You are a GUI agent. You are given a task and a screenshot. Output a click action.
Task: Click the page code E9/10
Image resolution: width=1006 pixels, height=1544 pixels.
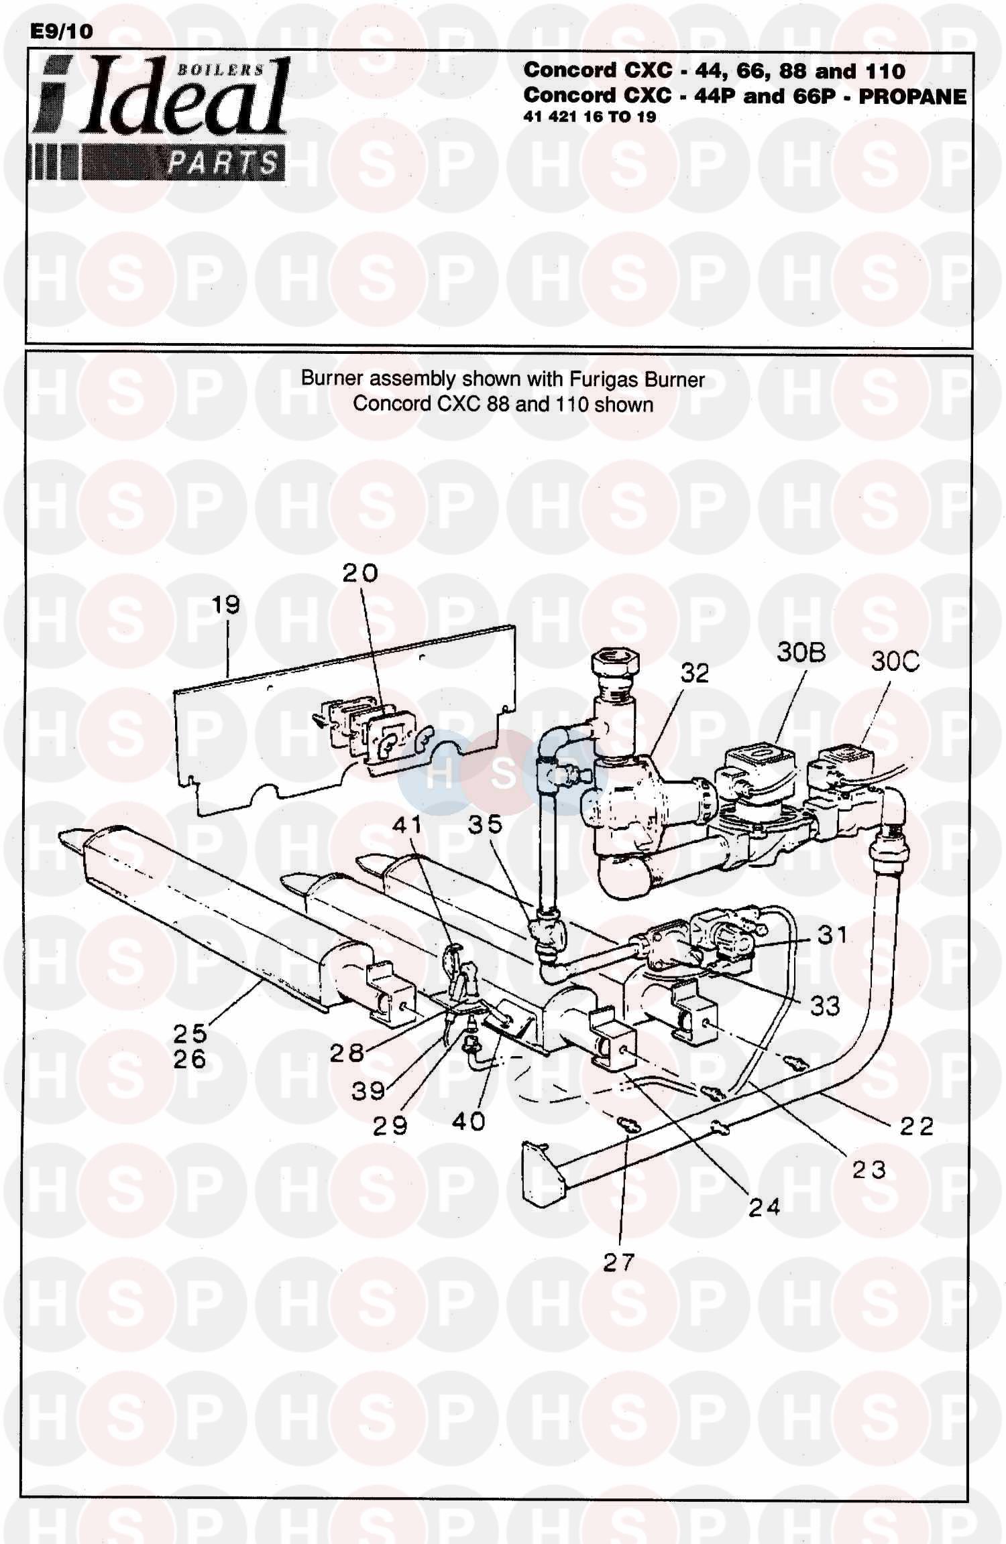(62, 31)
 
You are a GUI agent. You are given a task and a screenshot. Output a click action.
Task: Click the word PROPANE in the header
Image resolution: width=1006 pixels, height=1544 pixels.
(912, 96)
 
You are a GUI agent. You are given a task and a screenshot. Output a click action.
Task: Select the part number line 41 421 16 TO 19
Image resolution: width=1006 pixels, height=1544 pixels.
(590, 117)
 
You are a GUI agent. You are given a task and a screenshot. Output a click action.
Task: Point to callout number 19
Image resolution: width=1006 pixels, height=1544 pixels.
(225, 605)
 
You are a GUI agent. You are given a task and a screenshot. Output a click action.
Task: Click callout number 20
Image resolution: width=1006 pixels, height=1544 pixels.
(360, 573)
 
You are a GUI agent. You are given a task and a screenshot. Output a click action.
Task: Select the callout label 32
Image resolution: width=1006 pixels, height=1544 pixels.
(694, 673)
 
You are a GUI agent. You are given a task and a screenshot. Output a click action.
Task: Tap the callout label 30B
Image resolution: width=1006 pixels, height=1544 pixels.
(801, 652)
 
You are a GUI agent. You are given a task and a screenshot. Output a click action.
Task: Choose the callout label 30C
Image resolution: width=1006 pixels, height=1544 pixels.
(895, 661)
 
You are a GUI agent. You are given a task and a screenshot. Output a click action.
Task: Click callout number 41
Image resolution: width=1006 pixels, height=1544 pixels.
(407, 824)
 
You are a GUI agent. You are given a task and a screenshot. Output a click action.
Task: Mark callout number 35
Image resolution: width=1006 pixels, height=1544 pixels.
(485, 824)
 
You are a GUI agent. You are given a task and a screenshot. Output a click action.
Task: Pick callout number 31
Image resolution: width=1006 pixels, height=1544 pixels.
(832, 934)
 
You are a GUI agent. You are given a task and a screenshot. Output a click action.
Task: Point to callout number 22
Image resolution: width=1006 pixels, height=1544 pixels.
(916, 1126)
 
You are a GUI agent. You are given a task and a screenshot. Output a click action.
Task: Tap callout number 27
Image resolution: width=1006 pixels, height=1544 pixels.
(618, 1263)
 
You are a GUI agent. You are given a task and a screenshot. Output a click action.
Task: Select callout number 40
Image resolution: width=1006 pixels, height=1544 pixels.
(468, 1121)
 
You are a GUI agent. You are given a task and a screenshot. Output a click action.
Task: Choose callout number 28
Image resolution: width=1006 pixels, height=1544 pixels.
(347, 1053)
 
